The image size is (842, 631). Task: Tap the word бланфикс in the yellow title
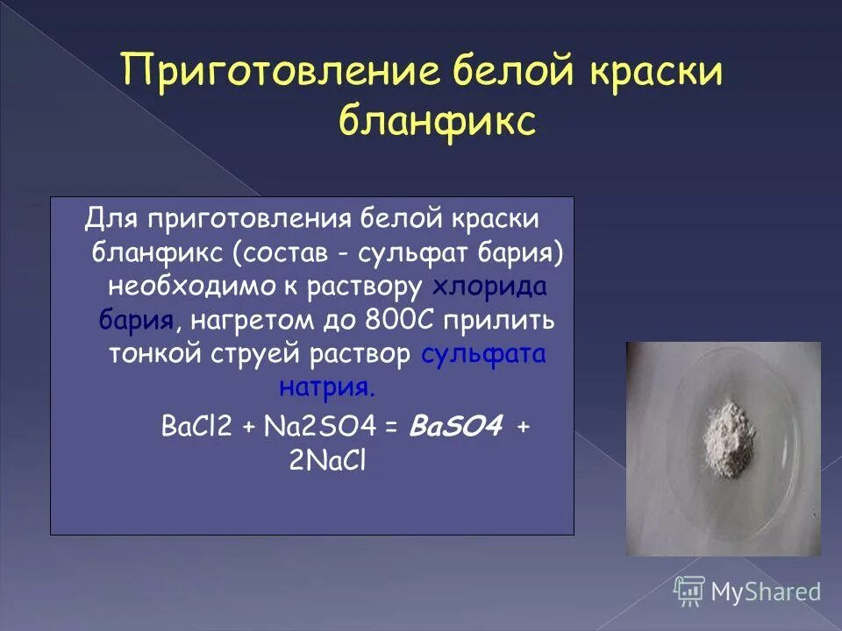pos(437,122)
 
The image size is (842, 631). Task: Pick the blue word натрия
pos(330,386)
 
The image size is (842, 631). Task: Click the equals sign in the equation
pos(391,427)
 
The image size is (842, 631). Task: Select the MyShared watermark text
pos(767,592)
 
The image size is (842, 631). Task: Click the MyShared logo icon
pos(689,591)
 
